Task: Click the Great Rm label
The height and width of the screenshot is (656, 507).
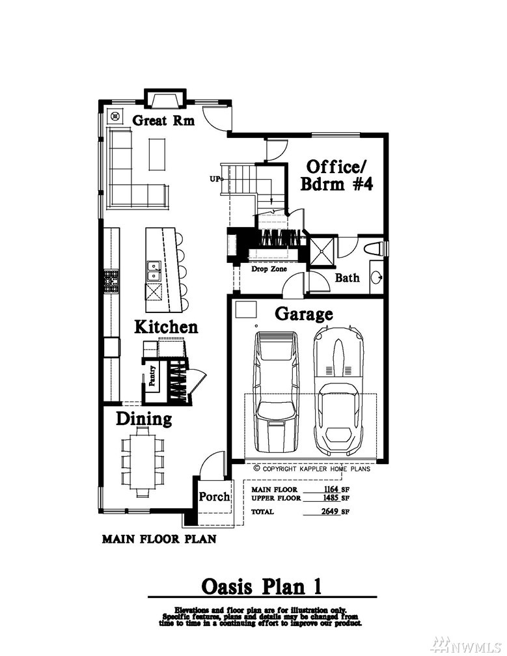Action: tap(163, 120)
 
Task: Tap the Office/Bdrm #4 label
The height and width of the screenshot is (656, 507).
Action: tap(336, 176)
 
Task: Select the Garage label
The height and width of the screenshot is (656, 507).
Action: tap(304, 314)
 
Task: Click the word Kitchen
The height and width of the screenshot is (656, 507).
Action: tap(166, 327)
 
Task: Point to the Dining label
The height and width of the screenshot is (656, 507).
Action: tap(144, 419)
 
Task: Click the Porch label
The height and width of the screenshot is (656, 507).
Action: tap(214, 497)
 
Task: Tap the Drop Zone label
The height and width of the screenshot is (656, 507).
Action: tap(269, 269)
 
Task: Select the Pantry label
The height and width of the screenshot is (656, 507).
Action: tap(152, 376)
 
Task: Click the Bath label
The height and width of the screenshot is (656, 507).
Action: tap(347, 277)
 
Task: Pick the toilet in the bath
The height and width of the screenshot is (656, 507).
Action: tap(374, 249)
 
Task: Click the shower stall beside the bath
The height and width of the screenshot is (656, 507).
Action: tap(322, 251)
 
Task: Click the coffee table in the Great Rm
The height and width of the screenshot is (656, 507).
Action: tap(157, 154)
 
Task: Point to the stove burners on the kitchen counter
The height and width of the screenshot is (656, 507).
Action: tap(112, 280)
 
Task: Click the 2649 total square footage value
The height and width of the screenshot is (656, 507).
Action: tap(330, 512)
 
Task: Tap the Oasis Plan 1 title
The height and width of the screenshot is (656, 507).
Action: tap(262, 586)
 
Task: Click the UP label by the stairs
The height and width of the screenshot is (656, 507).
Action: tap(215, 179)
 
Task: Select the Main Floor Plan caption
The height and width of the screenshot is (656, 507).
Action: tap(159, 539)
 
